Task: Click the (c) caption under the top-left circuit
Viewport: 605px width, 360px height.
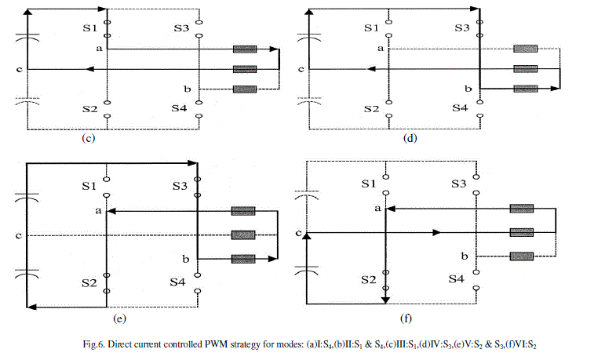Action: click(x=88, y=139)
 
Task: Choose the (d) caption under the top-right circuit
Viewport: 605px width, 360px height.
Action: click(x=410, y=139)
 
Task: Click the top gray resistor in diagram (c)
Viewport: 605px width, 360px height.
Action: click(x=245, y=50)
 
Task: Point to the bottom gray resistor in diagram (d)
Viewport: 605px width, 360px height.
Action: click(x=525, y=89)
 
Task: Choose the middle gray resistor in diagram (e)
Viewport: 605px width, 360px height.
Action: click(x=243, y=235)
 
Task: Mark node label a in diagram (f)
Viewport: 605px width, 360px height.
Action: click(x=377, y=209)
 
